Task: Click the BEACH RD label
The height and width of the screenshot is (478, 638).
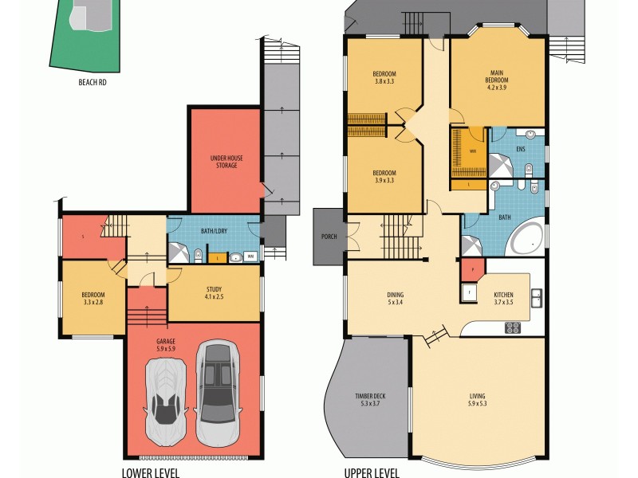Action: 93,81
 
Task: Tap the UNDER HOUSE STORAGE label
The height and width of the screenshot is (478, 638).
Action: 226,162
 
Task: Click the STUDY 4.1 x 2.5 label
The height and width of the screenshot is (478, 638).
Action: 214,293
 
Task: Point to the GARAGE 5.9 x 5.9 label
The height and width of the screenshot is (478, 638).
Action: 167,345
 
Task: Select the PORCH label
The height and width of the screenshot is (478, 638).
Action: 329,237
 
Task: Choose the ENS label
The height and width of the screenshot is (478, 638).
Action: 521,148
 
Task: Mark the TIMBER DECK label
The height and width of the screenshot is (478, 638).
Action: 371,401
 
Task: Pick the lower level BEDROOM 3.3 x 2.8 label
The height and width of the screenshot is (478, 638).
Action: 93,299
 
